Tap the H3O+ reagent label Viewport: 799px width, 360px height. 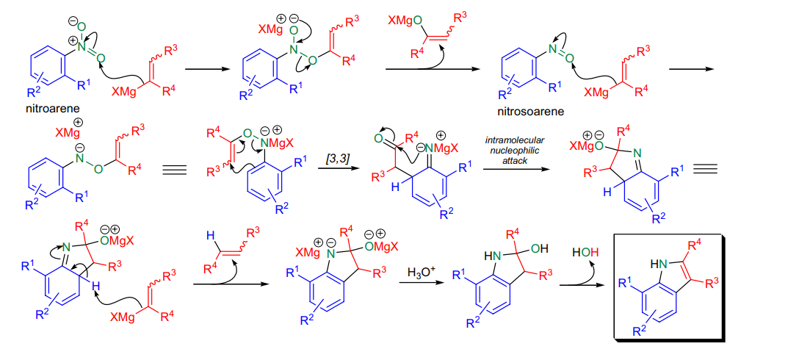coord(422,273)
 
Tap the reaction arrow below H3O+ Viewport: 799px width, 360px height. coord(419,286)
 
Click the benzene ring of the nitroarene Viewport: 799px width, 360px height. coord(47,68)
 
